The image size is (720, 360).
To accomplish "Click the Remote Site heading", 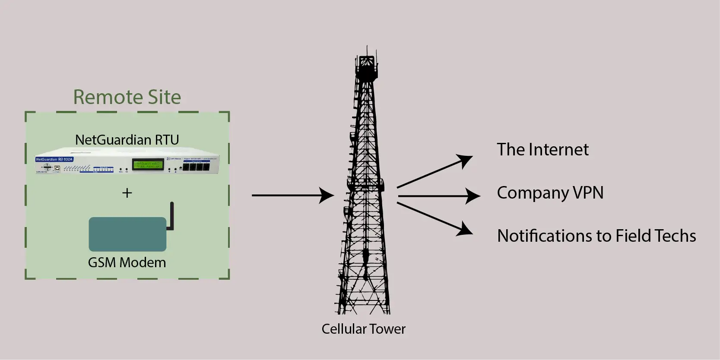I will (127, 97).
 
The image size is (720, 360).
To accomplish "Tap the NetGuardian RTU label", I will (127, 140).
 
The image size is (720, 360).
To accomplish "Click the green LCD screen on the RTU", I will (148, 165).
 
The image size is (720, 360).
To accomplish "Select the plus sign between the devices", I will (127, 193).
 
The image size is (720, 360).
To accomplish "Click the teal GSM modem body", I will (127, 234).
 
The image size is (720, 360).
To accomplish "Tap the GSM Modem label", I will (127, 262).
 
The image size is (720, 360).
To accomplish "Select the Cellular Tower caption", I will (363, 329).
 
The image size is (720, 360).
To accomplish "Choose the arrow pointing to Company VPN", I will (438, 196).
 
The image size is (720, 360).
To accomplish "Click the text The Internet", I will (542, 150).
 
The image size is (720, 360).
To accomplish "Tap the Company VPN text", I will (550, 193).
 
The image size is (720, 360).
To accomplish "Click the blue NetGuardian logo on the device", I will (54, 159).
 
